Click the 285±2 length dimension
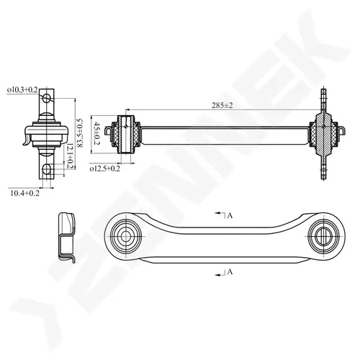click(222, 105)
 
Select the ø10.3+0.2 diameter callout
click(22, 90)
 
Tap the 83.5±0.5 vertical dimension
click(79, 132)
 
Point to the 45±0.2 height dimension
click(96, 133)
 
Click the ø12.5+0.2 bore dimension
click(104, 168)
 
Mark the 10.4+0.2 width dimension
click(24, 193)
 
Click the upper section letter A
click(230, 216)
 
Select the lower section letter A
click(230, 271)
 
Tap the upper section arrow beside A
click(220, 213)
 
